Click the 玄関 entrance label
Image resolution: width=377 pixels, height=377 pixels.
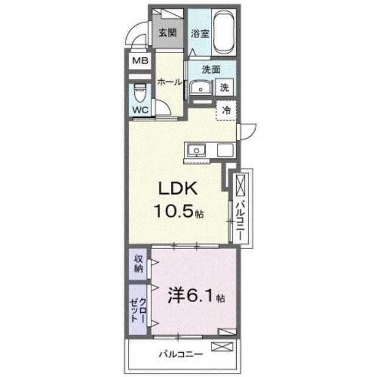tap(167, 32)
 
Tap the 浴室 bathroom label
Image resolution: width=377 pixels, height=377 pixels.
tap(200, 34)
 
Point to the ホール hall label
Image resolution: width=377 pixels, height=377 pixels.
tap(168, 83)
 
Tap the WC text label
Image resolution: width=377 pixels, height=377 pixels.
tap(140, 110)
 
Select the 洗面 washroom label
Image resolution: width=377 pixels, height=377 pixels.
tap(211, 69)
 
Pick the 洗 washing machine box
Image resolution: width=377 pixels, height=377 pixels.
tap(226, 87)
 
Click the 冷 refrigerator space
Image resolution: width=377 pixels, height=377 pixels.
tap(227, 110)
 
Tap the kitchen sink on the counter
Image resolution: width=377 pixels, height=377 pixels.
tap(196, 150)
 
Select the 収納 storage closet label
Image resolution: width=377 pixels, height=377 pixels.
tap(138, 264)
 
